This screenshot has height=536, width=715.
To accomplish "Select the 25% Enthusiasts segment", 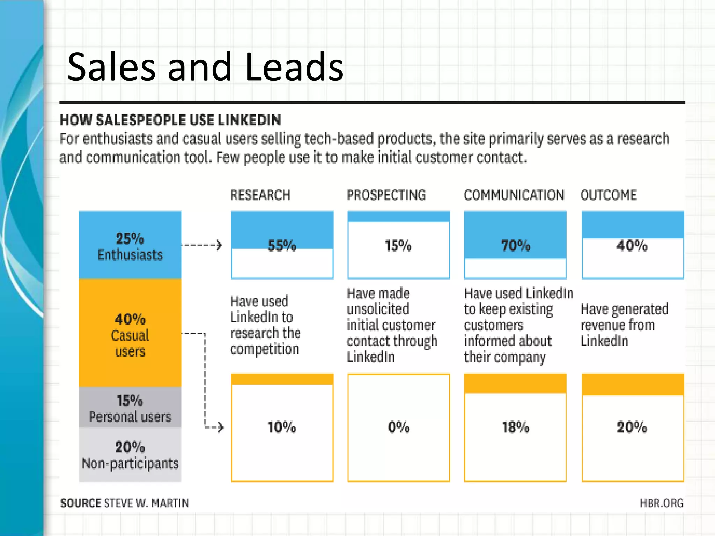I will (x=130, y=246).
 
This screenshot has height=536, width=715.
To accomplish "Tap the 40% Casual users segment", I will (x=130, y=334).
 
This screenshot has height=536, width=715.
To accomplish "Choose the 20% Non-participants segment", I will (x=130, y=455).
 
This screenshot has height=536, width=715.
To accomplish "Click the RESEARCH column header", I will (x=260, y=195).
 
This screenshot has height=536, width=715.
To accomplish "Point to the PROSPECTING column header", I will (x=386, y=195).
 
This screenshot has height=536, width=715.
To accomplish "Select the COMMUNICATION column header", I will (x=514, y=195).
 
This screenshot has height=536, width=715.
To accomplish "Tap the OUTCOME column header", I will (x=609, y=195).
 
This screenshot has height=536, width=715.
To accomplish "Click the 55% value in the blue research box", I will (x=281, y=246).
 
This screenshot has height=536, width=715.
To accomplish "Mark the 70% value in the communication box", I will (x=515, y=246).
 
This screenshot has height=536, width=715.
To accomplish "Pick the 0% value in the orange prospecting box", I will (x=398, y=427).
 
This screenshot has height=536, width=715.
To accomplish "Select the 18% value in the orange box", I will (x=515, y=427).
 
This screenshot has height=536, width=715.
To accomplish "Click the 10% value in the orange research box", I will (x=281, y=427).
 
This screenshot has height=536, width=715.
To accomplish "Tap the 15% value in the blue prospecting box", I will (x=398, y=246).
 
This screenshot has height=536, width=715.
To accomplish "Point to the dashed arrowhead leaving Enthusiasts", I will (x=219, y=245).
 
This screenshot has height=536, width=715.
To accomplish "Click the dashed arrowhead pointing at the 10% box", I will (x=220, y=427).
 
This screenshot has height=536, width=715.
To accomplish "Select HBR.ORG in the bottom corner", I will (x=661, y=503).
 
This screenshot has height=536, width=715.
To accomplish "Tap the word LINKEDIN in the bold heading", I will (x=249, y=120).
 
